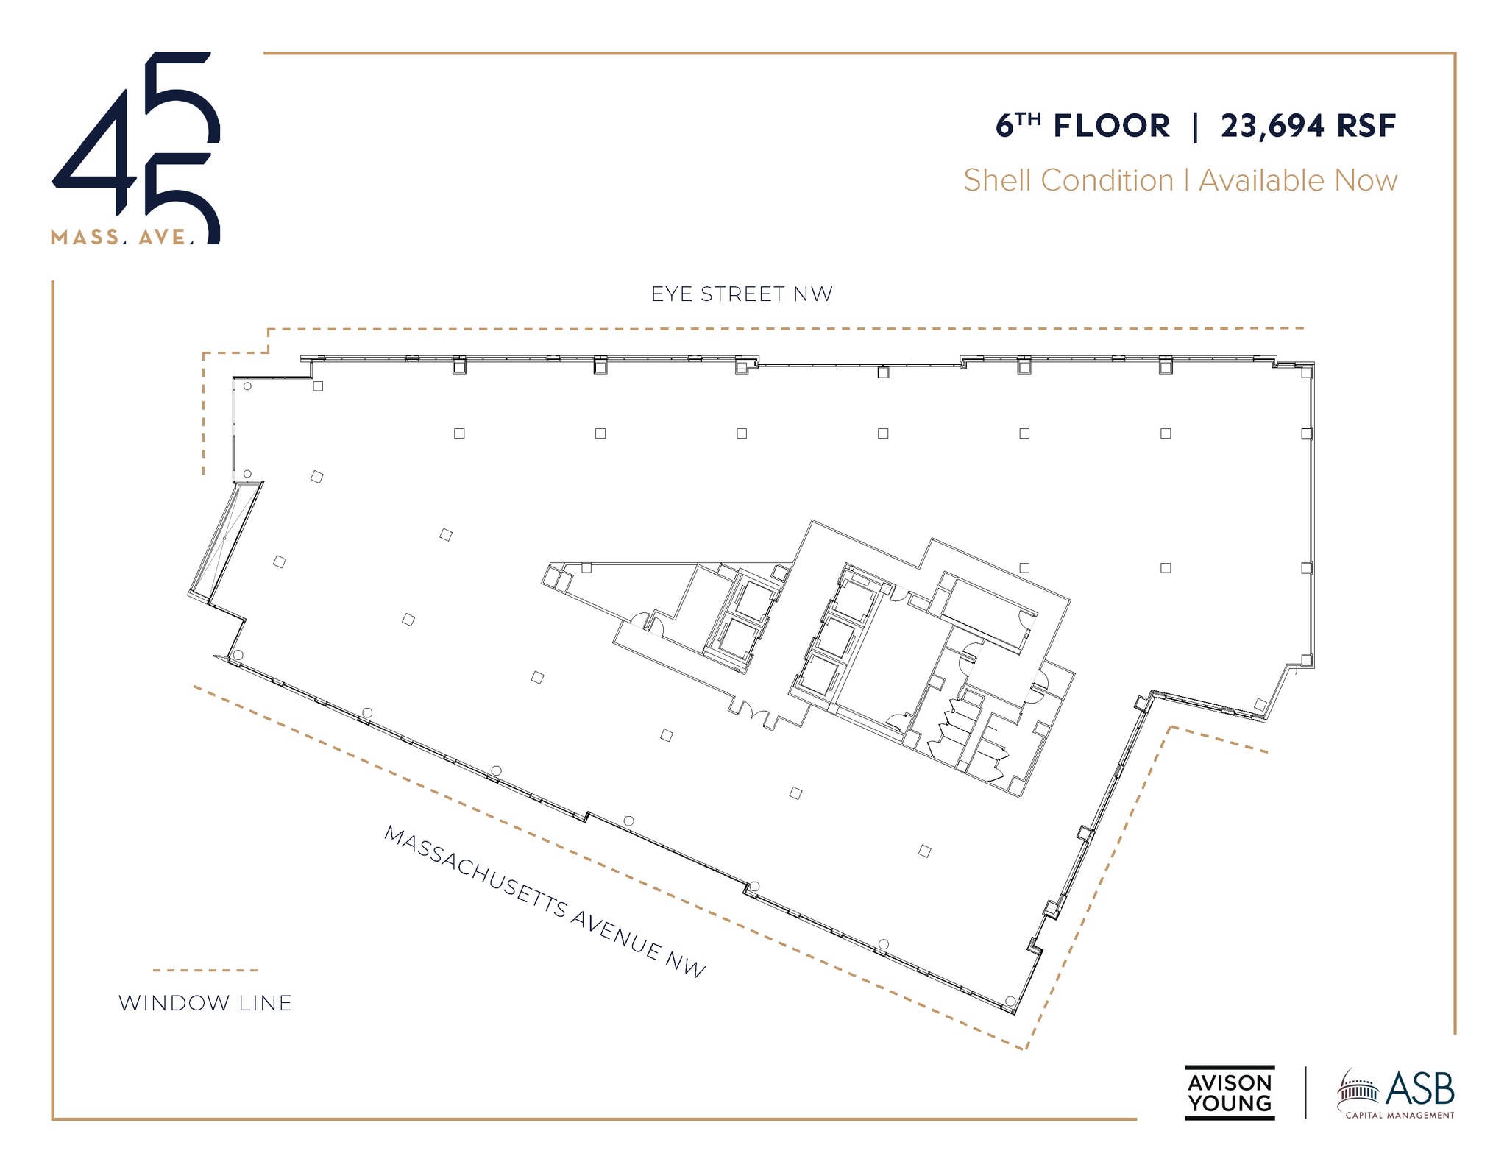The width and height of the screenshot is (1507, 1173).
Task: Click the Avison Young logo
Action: (1229, 1093)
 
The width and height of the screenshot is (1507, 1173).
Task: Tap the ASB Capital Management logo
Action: (1396, 1094)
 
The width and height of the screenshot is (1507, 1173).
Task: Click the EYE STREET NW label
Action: (742, 294)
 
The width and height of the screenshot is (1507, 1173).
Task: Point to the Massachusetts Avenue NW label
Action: (545, 901)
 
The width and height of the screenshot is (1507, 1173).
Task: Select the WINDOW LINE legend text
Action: (205, 1003)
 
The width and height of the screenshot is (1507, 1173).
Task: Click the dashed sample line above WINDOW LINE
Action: (205, 970)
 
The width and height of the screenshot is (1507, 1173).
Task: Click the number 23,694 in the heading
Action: (1272, 126)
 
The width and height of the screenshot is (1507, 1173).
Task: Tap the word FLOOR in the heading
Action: (1111, 126)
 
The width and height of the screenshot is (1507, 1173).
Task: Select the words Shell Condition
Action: (1068, 180)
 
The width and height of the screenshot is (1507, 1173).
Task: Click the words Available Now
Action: (1298, 180)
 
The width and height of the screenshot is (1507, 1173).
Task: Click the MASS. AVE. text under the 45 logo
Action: (122, 237)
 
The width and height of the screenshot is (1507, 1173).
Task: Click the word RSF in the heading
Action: (1366, 126)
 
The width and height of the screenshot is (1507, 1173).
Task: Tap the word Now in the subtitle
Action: (1366, 180)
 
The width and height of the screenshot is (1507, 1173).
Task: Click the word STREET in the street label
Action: (742, 294)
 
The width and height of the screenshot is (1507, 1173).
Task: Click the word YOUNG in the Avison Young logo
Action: (1229, 1103)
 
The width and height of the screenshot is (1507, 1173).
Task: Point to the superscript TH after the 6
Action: (1029, 118)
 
